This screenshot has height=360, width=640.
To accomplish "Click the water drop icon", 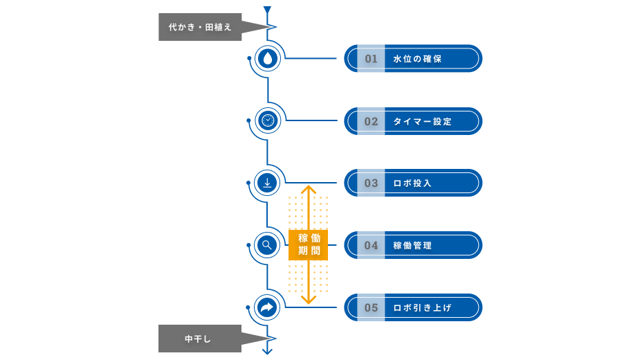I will (267, 58).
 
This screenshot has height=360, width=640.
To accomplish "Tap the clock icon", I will (267, 120).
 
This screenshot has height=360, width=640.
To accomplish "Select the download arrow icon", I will (267, 183).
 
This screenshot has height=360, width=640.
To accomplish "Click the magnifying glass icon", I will (267, 244).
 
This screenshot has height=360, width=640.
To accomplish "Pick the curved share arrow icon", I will (267, 307).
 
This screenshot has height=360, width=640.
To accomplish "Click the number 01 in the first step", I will (372, 59).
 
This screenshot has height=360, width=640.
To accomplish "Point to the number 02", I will (372, 121).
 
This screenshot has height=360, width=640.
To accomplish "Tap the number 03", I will (372, 183).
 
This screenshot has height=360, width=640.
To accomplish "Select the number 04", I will (372, 245).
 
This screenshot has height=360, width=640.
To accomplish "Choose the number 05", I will (372, 307).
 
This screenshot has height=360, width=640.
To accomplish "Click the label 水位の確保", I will (417, 59).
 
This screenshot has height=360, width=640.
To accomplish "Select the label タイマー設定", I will (422, 121).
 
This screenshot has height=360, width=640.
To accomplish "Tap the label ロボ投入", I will (412, 183).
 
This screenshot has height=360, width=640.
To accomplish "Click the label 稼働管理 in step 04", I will (412, 245).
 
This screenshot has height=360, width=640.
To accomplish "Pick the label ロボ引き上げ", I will (422, 307).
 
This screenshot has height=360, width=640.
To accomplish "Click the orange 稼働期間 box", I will (309, 245).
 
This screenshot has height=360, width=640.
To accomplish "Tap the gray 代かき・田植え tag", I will (201, 28).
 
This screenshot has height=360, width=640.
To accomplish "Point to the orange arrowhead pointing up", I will (309, 189).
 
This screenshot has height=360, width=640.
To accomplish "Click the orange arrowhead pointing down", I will (309, 300).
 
